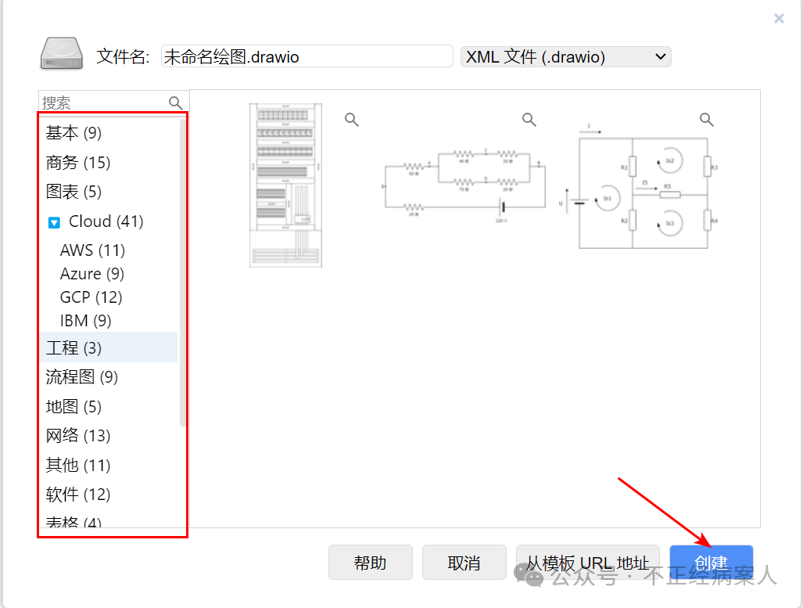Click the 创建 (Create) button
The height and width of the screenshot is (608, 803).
(711, 563)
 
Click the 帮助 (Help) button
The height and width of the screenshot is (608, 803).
(370, 563)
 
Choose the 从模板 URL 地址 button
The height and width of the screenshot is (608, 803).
(587, 563)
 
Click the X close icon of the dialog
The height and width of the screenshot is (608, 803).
(779, 19)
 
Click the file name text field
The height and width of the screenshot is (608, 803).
(307, 56)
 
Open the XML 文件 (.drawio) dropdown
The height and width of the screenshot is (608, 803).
(565, 56)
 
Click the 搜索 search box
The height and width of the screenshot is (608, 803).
(104, 103)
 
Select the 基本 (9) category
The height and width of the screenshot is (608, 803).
(73, 133)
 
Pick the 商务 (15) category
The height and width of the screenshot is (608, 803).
(78, 163)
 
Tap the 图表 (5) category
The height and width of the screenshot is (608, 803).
(73, 192)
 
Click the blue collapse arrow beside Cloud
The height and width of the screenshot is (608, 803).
(54, 222)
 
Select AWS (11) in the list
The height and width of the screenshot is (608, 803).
(92, 250)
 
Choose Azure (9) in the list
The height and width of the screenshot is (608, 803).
(92, 274)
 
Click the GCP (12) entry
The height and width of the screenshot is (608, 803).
(91, 297)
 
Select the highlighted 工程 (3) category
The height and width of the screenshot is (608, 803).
(73, 347)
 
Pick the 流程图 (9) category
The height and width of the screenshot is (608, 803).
(81, 377)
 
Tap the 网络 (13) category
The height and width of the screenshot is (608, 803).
(78, 436)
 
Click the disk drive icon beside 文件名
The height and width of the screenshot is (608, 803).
(61, 54)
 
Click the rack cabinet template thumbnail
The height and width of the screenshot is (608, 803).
(285, 185)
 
